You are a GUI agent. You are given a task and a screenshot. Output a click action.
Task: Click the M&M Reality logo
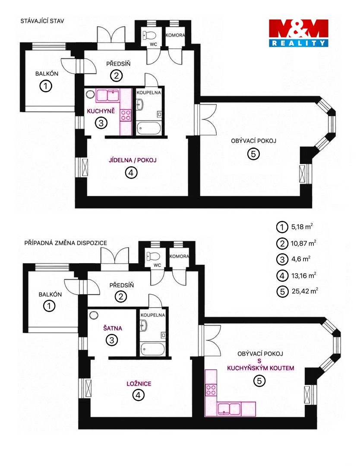(298, 33)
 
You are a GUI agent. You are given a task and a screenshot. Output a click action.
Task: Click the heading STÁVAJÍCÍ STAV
(42, 21)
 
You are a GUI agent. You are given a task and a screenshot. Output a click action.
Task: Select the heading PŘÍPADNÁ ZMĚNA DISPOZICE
(66, 243)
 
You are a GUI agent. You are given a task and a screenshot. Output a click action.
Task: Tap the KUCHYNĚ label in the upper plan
(101, 111)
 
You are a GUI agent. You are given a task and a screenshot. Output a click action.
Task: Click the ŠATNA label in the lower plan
(113, 328)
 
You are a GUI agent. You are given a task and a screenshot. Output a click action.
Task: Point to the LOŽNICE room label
(139, 384)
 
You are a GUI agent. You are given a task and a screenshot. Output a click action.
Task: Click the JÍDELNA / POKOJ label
(133, 160)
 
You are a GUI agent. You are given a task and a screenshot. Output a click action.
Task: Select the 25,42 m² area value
(305, 291)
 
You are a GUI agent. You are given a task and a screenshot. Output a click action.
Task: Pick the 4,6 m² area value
(301, 259)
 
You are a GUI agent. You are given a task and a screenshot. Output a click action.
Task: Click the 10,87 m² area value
(303, 243)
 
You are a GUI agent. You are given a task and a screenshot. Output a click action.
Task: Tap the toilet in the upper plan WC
(149, 35)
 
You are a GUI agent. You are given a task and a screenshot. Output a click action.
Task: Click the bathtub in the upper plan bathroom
(148, 129)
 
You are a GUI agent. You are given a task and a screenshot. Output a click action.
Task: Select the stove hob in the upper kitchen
(126, 115)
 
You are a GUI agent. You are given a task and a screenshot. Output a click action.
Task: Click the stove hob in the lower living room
(211, 390)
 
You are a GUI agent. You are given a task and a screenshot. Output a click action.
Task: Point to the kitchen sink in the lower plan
(229, 409)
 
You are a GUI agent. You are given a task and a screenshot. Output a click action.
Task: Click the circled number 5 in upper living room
(253, 154)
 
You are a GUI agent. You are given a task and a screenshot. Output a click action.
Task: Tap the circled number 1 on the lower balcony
(49, 305)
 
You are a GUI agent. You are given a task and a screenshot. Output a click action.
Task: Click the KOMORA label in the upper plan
(175, 35)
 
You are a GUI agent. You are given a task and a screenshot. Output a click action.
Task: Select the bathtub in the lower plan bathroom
(152, 349)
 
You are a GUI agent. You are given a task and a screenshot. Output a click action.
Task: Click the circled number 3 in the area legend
(282, 259)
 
